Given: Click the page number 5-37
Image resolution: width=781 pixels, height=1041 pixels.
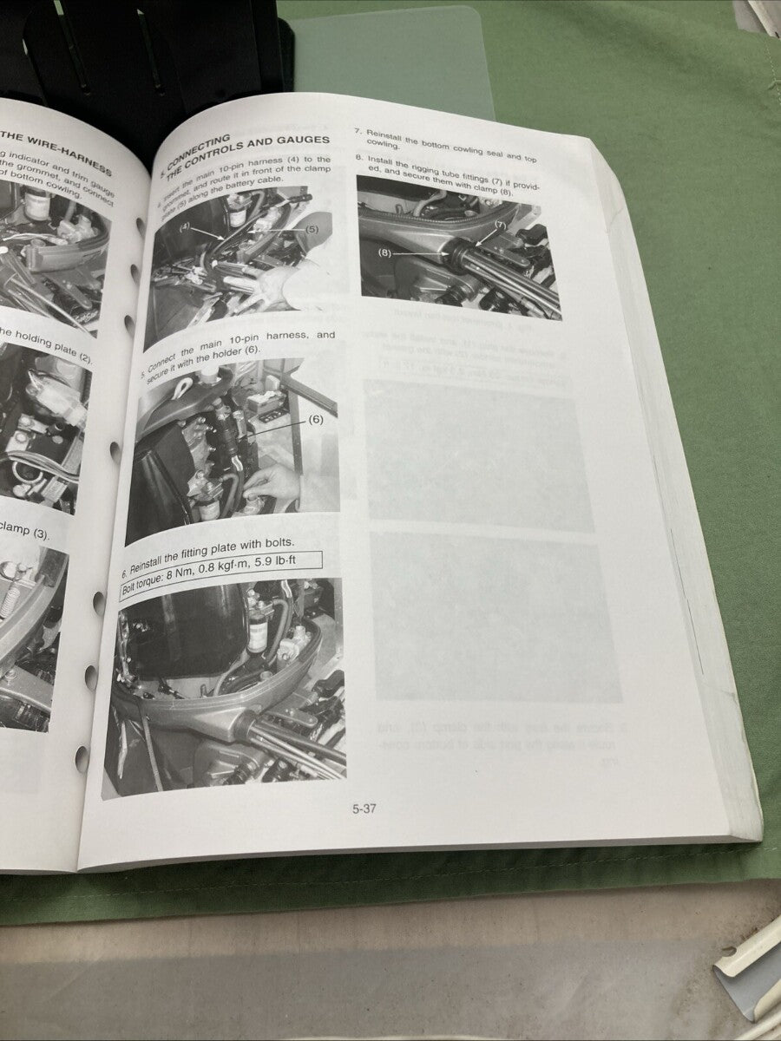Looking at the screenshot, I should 364,809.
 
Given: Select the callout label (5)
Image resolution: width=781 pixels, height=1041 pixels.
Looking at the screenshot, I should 313,231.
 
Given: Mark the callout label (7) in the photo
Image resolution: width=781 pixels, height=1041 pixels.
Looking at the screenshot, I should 501,225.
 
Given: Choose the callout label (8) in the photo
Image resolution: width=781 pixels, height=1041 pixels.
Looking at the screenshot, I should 385,253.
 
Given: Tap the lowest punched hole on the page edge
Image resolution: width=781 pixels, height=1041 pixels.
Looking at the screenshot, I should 82,759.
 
